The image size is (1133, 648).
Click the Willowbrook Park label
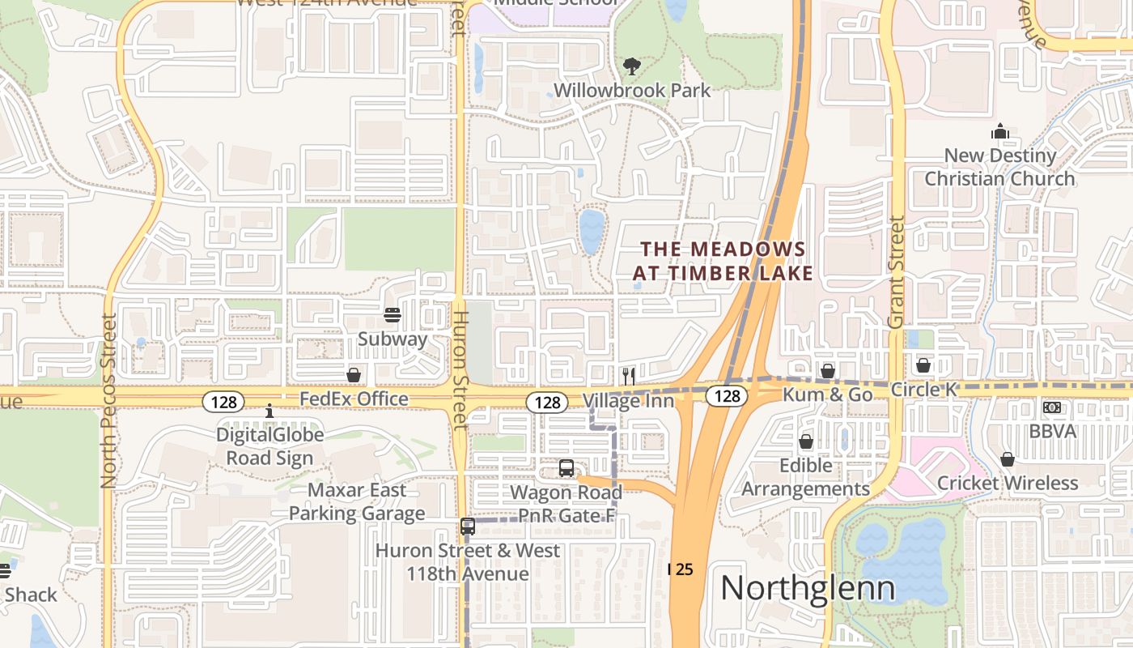pyautogui.click(x=632, y=90)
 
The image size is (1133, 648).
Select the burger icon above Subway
pyautogui.click(x=393, y=315)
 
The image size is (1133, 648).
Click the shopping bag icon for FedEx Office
pyautogui.click(x=354, y=374)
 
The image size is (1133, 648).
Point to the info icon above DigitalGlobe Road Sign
pyautogui.click(x=269, y=411)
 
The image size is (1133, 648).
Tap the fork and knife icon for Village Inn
pyautogui.click(x=628, y=376)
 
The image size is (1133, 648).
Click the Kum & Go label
pyautogui.click(x=827, y=394)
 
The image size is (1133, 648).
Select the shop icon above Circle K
pyautogui.click(x=923, y=365)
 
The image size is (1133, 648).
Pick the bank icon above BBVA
pyautogui.click(x=1052, y=407)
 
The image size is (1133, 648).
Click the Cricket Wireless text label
pyautogui.click(x=1008, y=484)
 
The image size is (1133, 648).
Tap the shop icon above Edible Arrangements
pyautogui.click(x=806, y=441)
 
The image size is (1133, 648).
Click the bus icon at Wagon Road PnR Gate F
pyautogui.click(x=566, y=468)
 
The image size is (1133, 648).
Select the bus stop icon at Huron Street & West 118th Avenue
pyautogui.click(x=468, y=526)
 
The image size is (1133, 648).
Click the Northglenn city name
pyautogui.click(x=808, y=588)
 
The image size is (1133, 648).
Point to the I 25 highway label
pyautogui.click(x=681, y=569)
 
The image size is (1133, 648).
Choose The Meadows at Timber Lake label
pyautogui.click(x=723, y=261)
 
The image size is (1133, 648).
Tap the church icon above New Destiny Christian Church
pyautogui.click(x=1001, y=132)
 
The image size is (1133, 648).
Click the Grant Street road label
pyautogui.click(x=895, y=272)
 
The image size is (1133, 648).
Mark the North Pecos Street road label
pyautogui.click(x=109, y=401)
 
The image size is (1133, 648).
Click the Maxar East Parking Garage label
pyautogui.click(x=357, y=502)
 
